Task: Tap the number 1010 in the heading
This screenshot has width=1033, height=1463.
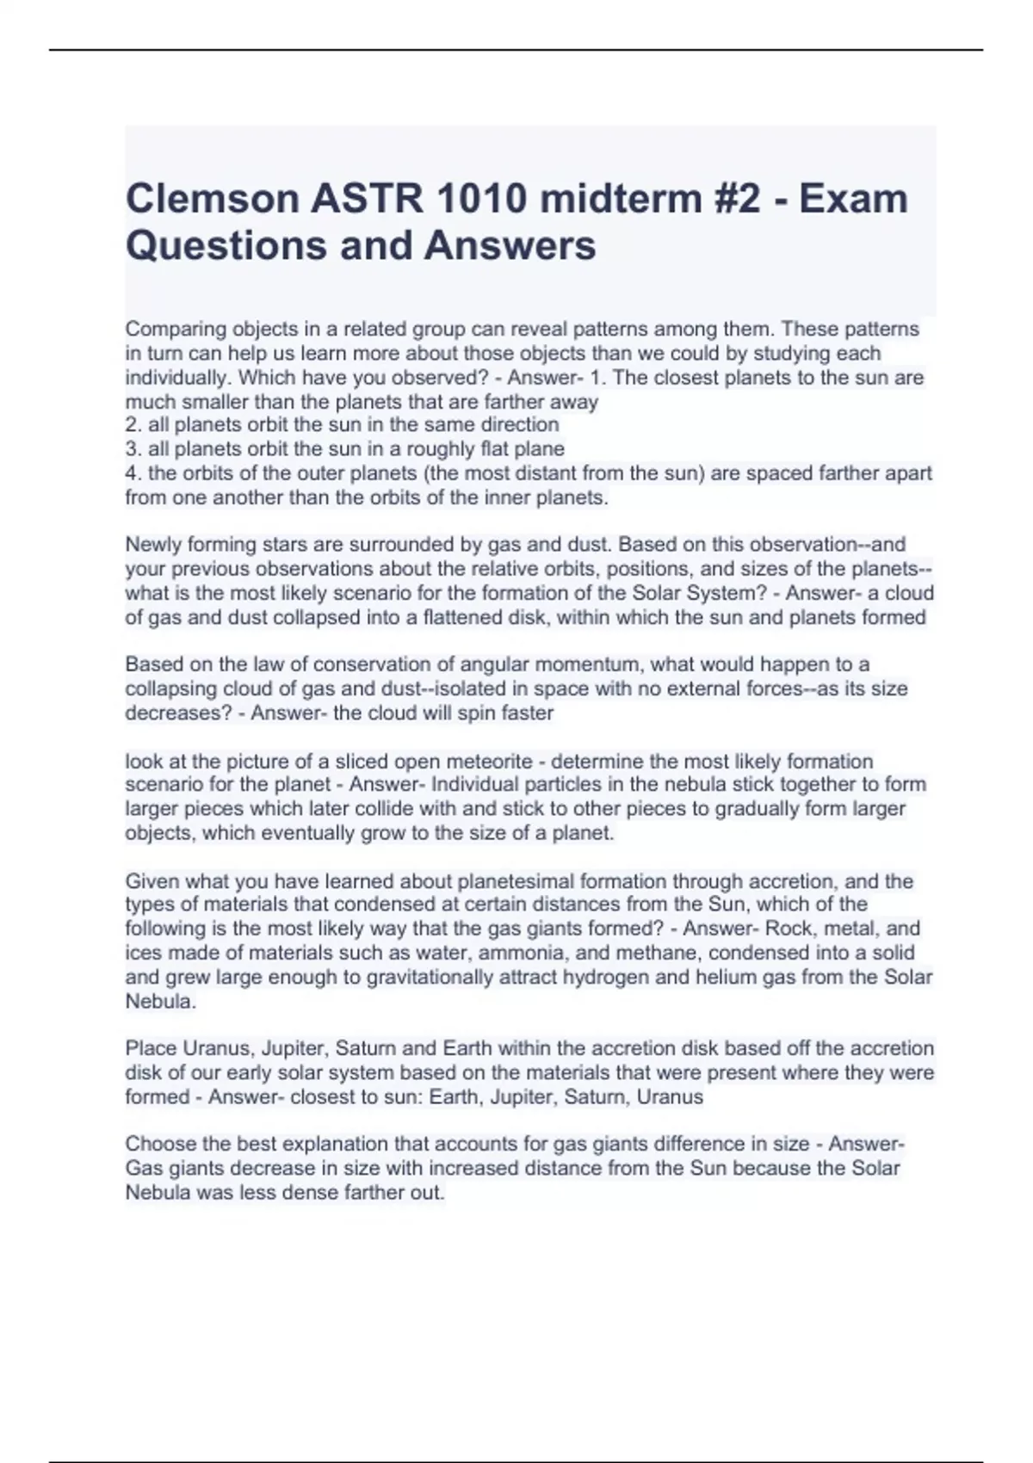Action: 480,199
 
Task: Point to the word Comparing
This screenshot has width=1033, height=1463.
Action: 176,330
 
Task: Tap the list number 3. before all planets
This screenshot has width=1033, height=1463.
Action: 133,449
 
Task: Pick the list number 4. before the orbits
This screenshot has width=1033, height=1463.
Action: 133,473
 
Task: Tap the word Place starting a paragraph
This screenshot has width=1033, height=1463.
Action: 151,1049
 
